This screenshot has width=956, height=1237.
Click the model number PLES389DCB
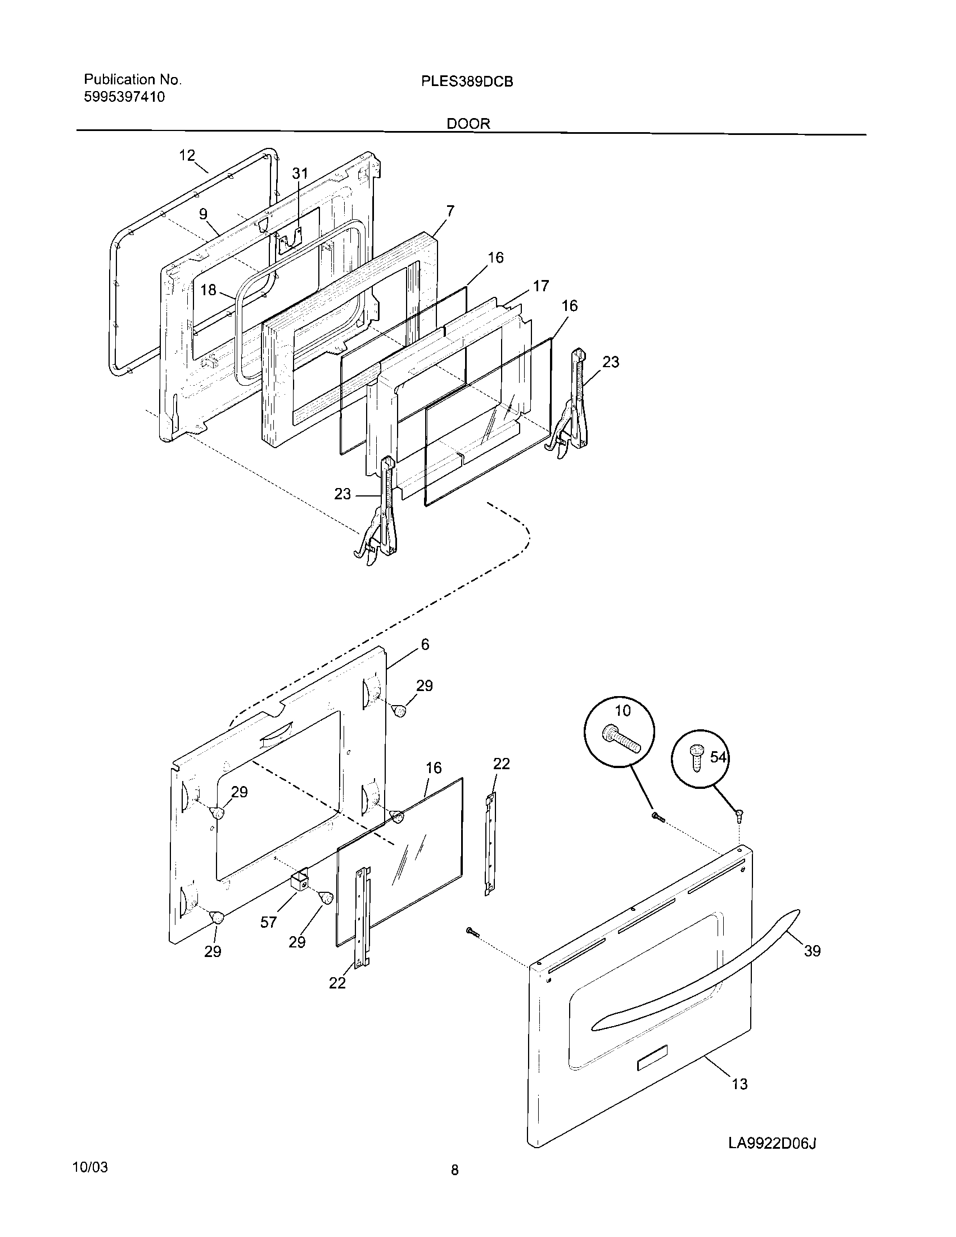coord(467,82)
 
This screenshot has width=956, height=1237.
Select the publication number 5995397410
coord(125,97)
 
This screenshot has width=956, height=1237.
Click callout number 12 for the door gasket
coord(187,155)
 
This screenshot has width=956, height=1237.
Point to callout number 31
coord(300,173)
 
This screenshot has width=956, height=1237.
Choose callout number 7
coord(450,211)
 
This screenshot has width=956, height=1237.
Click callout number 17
coord(541,286)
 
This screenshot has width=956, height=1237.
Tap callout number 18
coord(209,290)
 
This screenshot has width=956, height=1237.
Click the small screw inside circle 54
coord(696,759)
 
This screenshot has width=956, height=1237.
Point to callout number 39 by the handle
coord(812,951)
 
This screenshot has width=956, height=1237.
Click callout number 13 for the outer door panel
coord(739,1084)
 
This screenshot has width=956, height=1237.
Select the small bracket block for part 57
coord(299,882)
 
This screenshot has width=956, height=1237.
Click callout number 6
coord(425,644)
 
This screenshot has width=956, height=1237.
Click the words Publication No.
coord(133,80)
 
